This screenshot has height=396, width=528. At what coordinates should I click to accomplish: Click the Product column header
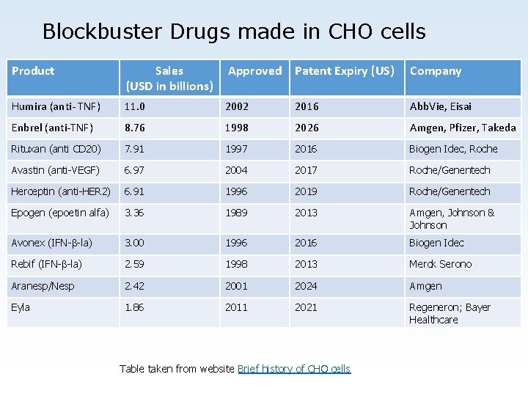33,71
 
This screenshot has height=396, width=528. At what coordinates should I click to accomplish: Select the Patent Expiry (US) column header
345,71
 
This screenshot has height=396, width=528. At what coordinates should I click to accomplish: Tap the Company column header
436,71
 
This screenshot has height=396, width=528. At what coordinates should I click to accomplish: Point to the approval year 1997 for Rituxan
236,149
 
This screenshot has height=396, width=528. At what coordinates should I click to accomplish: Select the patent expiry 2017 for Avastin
307,170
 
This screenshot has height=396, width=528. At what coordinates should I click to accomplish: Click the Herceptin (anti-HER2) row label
61,191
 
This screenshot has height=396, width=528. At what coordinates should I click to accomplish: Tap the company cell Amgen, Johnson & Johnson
451,219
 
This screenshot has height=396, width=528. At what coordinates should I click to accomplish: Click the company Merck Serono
440,264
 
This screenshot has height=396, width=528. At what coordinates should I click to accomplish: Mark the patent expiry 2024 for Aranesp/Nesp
307,286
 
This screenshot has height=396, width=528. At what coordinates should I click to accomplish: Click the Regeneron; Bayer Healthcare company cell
449,313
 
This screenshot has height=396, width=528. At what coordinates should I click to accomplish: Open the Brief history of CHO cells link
294,369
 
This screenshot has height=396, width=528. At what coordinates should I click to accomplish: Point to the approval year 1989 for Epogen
236,213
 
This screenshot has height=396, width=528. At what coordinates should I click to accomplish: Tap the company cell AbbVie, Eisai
441,106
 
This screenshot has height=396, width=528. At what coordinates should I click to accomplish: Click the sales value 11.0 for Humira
135,106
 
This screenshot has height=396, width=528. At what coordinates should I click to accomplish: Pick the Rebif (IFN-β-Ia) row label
46,264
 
